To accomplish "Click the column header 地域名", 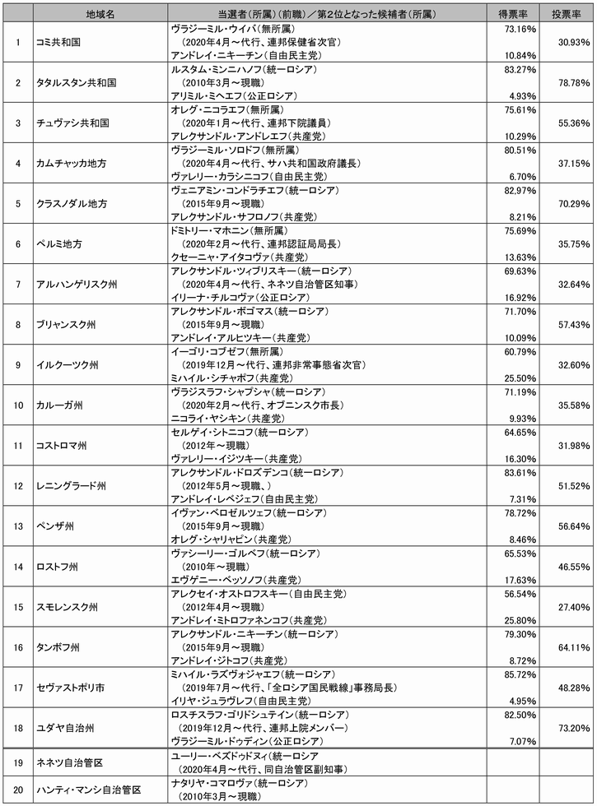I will pos(100,14).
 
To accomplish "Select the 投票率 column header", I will pos(567,14).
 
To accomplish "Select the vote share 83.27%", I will pos(519,69).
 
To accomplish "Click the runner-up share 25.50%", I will pos(519,378).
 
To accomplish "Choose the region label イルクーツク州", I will pos(68,364).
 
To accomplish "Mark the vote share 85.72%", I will pos(519,674).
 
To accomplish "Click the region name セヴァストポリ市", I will pos(73,687).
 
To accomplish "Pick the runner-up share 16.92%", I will pos(519,297).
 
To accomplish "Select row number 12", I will pos(17,485).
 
